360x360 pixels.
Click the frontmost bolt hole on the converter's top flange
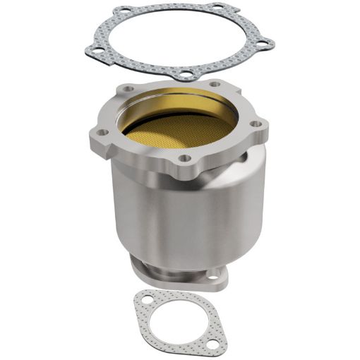185,159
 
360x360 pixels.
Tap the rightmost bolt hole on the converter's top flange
256,124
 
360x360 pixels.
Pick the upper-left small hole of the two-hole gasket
147,300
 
